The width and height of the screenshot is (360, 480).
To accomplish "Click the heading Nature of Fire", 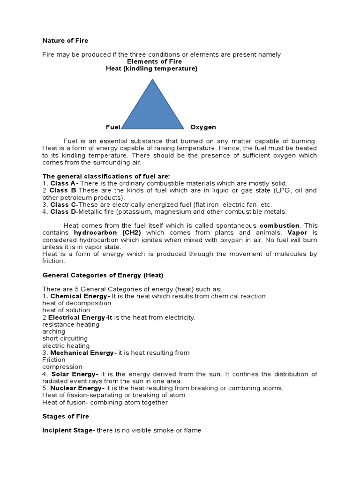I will pyautogui.click(x=65, y=41).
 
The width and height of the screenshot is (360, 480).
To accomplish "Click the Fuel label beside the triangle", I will pyautogui.click(x=113, y=127).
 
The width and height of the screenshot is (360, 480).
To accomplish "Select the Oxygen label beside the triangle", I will pyautogui.click(x=203, y=127).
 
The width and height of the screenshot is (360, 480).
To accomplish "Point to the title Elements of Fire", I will pyautogui.click(x=154, y=61).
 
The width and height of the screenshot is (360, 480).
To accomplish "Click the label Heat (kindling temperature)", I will pyautogui.click(x=151, y=68).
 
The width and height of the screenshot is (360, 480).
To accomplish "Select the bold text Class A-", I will pyautogui.click(x=65, y=183).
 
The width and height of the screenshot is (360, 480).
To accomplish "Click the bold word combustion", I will pyautogui.click(x=280, y=225).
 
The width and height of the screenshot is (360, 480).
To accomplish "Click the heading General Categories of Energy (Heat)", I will pyautogui.click(x=103, y=275).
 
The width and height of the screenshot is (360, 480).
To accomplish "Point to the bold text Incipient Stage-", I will pyautogui.click(x=68, y=430).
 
